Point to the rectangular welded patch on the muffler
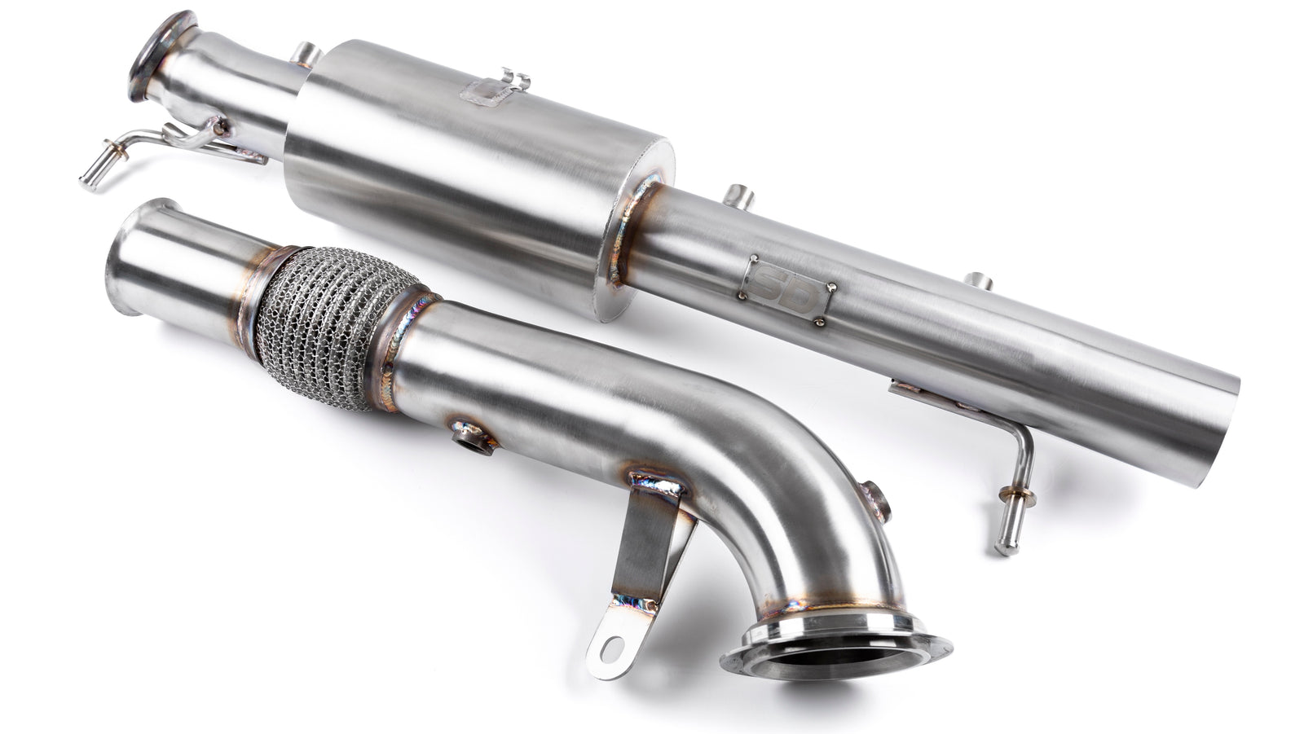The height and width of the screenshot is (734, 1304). tap(484, 93)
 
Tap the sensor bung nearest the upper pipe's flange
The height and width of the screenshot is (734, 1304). tap(305, 55)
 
